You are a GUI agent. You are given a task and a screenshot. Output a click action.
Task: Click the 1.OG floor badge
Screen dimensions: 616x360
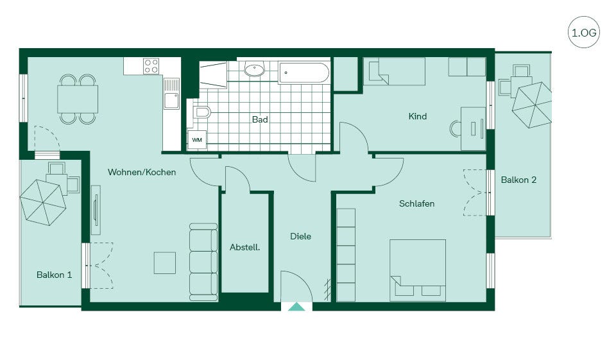click(584, 32)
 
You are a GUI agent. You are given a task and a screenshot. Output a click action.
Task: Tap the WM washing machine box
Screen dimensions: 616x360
click(197, 140)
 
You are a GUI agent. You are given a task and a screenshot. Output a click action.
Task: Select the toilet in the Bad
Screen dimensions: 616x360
click(201, 112)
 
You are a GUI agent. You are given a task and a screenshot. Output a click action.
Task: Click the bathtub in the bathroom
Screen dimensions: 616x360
click(304, 73)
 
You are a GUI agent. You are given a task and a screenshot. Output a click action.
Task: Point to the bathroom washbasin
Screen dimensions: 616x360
click(255, 69)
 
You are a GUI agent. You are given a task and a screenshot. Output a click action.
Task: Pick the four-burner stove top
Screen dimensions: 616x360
click(151, 66)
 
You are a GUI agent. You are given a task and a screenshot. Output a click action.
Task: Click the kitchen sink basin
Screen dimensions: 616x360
click(172, 100)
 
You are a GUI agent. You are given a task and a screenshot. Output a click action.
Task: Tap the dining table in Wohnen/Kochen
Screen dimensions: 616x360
click(78, 99)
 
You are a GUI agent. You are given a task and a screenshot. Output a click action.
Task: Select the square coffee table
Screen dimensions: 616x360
click(165, 263)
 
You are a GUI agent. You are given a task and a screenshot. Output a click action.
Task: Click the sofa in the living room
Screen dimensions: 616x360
click(203, 262)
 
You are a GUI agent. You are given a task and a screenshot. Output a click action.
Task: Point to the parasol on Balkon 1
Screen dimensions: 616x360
click(43, 202)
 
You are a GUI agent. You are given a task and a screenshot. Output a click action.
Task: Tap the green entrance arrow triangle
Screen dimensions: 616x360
click(296, 307)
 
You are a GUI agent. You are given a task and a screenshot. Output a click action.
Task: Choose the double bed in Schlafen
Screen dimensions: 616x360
click(418, 270)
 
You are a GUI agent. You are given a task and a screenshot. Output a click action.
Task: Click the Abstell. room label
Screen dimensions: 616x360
click(244, 248)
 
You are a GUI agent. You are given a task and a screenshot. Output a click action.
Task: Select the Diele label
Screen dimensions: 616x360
click(300, 236)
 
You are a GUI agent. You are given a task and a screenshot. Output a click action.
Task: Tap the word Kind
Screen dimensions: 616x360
click(417, 116)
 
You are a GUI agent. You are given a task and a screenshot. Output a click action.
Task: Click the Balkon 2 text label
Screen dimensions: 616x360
click(518, 180)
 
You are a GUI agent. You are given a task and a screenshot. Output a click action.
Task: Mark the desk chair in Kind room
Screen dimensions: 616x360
click(455, 129)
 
